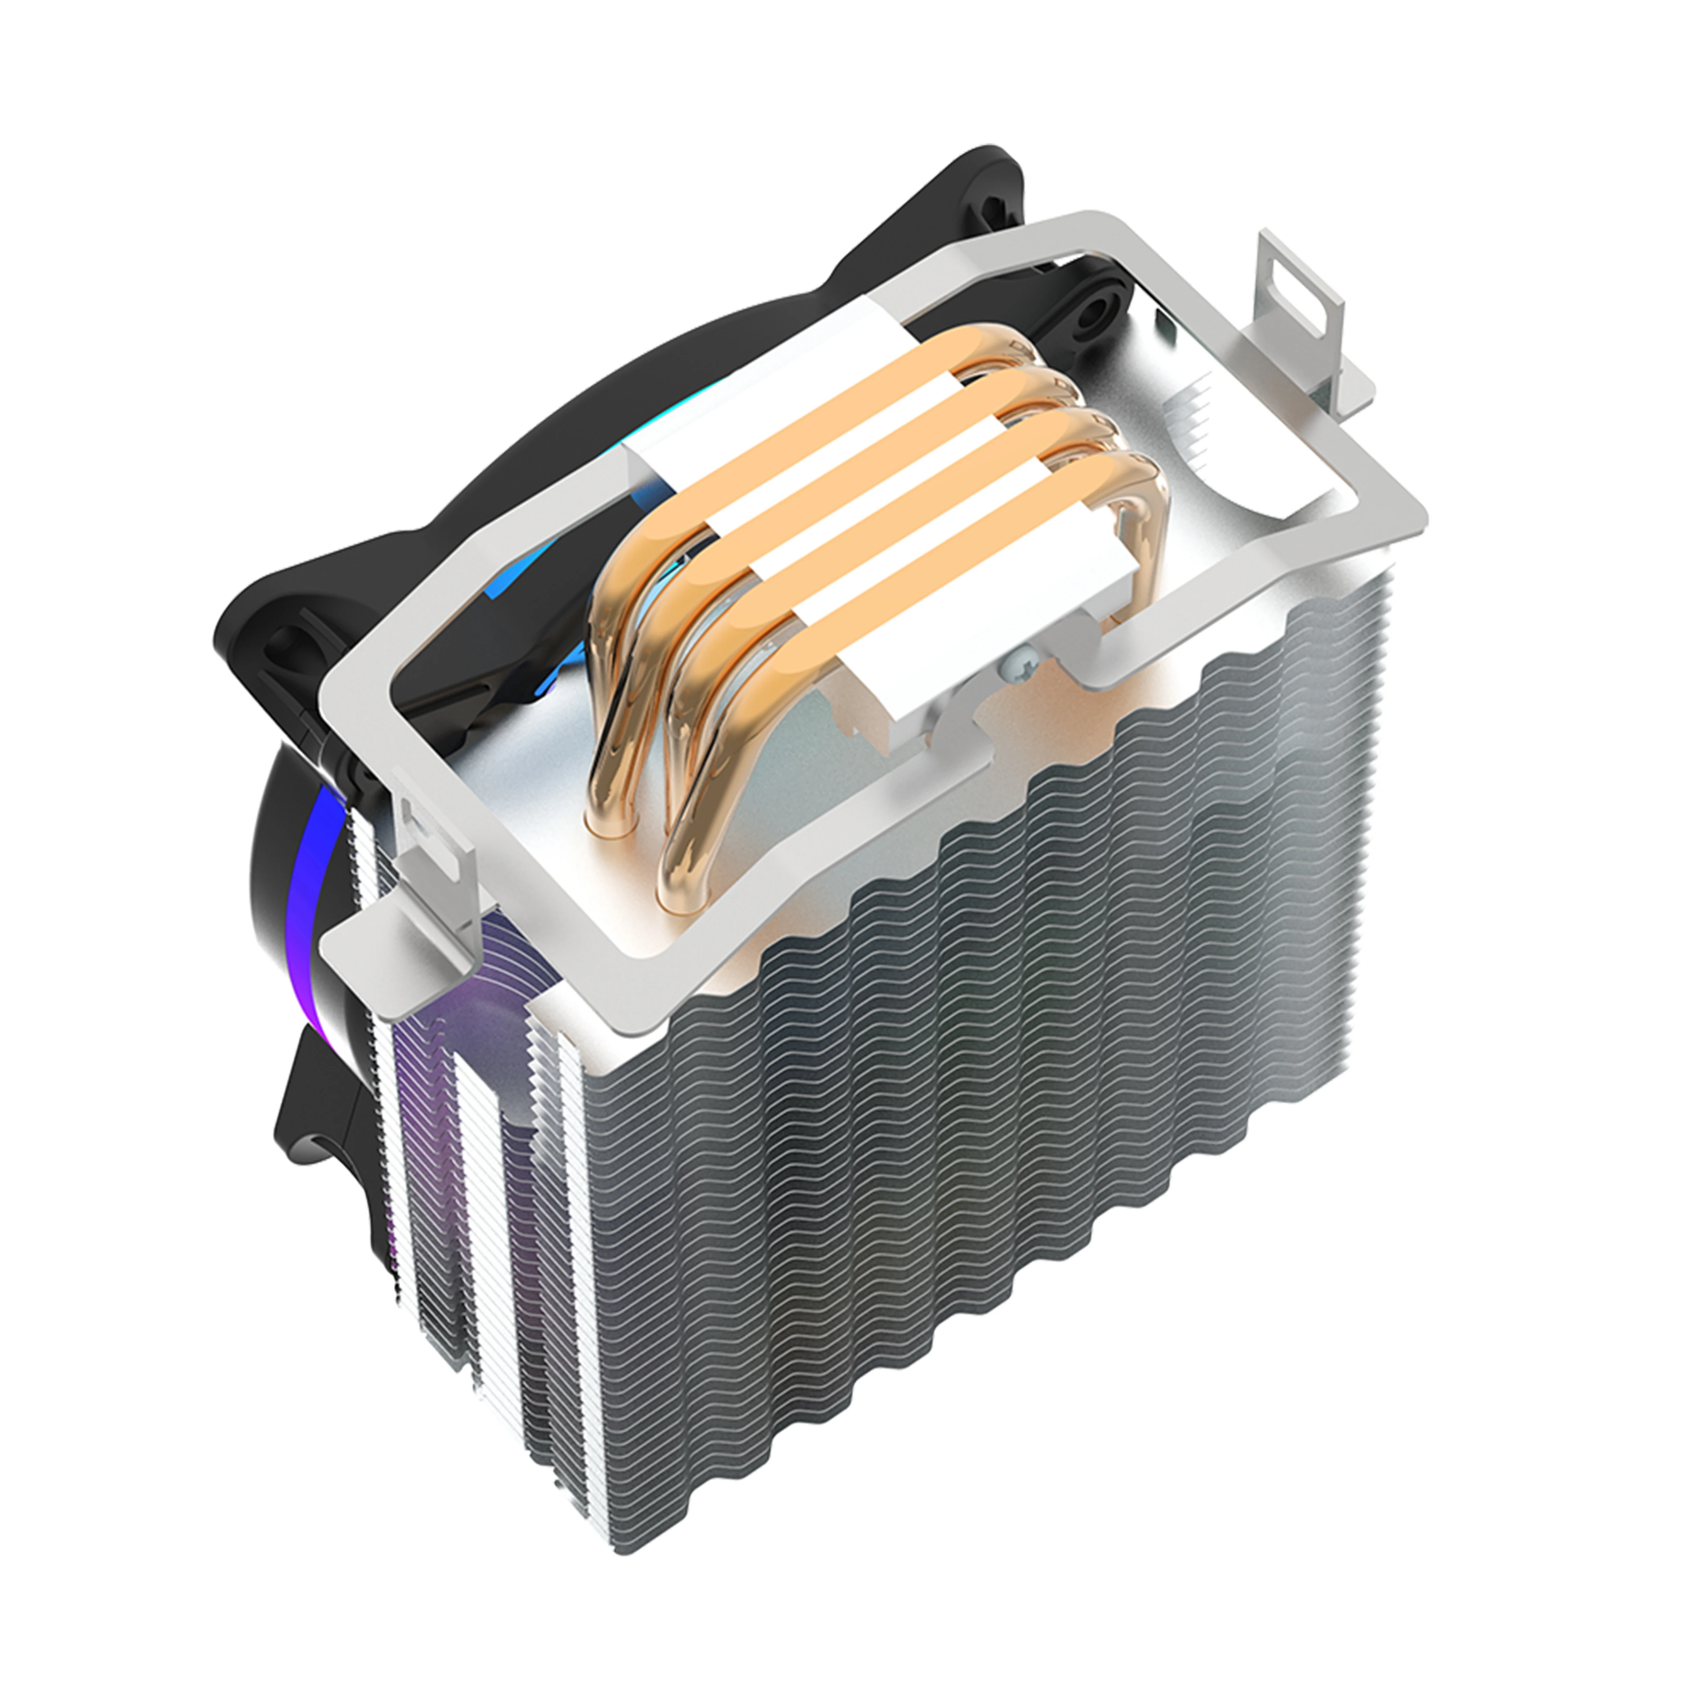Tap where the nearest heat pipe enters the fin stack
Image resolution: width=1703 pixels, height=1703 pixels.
(679, 881)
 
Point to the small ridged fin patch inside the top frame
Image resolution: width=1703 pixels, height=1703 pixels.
(1194, 423)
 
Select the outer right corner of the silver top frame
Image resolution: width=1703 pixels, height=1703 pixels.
(1419, 511)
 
